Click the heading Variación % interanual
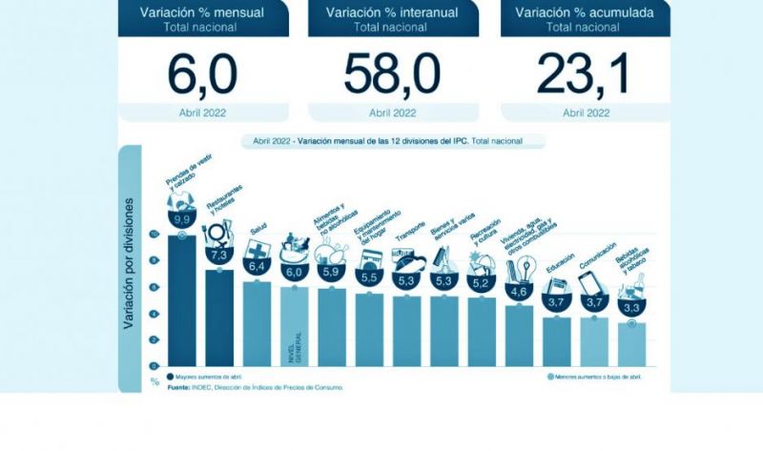tap(392, 12)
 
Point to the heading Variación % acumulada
tap(585, 12)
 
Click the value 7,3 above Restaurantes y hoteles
tap(219, 256)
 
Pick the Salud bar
tap(257, 324)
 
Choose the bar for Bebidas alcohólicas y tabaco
tap(630, 343)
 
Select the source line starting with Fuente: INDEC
tap(255, 388)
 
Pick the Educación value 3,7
tap(556, 301)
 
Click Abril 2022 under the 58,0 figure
tap(392, 112)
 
